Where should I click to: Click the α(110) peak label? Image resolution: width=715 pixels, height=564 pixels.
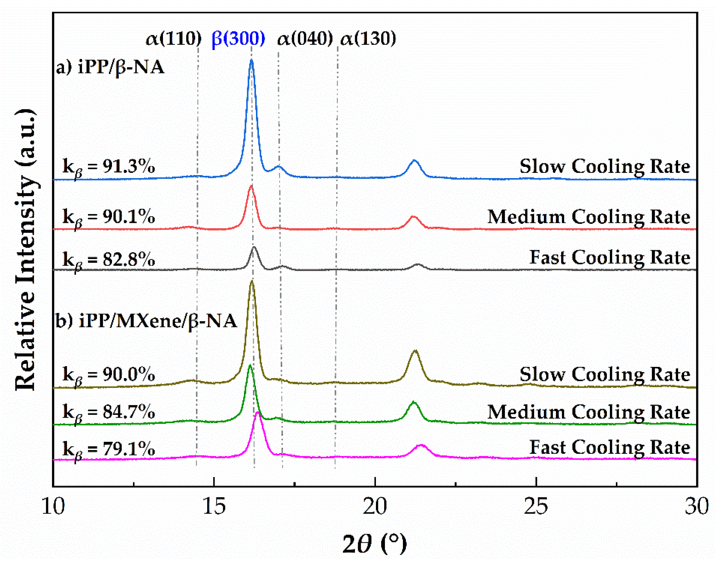click(x=174, y=39)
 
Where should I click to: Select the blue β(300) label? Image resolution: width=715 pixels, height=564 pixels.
click(x=238, y=39)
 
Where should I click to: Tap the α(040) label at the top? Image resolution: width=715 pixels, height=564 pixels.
click(x=304, y=39)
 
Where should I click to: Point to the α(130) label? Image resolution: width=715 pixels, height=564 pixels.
click(x=368, y=39)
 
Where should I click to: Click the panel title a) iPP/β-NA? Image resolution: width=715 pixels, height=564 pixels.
click(x=110, y=68)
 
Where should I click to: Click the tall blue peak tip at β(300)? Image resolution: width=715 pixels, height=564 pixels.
click(x=252, y=60)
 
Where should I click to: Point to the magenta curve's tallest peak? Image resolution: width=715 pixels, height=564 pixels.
click(x=258, y=413)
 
